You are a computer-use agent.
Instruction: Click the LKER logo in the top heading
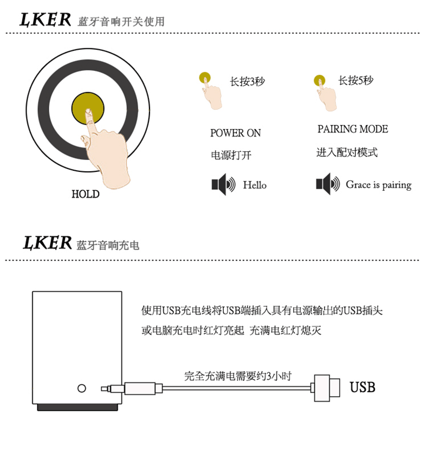pos(46,20)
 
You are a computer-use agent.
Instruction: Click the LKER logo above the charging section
pos(48,243)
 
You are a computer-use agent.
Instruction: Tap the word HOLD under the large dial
pos(86,194)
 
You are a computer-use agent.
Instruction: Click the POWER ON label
pos(235,133)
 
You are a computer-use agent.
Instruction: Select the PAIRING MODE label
pos(353,129)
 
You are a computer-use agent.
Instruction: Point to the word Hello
pos(255,185)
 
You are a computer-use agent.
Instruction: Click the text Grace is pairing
pos(379,185)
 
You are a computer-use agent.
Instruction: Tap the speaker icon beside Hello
pos(223,184)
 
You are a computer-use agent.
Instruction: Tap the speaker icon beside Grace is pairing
pos(328,184)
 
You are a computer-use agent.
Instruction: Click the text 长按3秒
pos(247,81)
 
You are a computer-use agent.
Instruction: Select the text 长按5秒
pos(356,81)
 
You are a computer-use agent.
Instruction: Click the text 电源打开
pos(231,155)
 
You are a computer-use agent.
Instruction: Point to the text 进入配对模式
pos(347,152)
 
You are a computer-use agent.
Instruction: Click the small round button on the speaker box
pos(82,389)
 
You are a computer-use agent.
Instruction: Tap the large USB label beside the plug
pos(362,387)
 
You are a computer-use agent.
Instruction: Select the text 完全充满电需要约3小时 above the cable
pos(238,376)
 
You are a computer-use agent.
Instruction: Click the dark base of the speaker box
pos(77,407)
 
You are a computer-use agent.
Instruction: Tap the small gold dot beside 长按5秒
pos(320,80)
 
